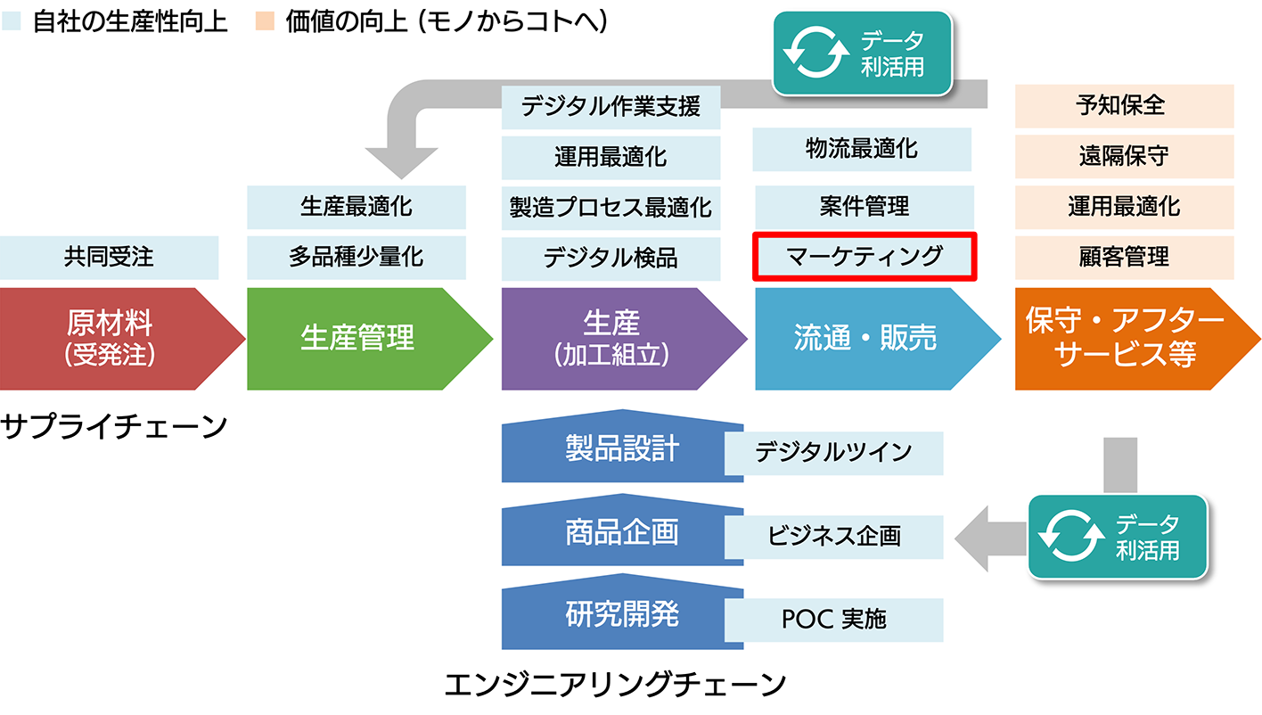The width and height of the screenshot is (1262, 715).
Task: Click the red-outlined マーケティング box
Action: pos(865,257)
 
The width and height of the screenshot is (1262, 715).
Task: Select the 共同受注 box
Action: pos(109,258)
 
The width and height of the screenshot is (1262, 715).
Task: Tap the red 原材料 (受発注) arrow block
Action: pos(122,339)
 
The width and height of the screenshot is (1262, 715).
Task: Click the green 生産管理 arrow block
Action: pos(370,339)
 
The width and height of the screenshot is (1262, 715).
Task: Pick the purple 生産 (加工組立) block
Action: pos(624,339)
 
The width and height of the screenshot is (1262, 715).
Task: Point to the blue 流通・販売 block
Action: pos(878,339)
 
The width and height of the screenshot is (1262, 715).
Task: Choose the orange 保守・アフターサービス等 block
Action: pos(1137,339)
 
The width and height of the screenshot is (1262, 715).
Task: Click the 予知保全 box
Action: pos(1125,106)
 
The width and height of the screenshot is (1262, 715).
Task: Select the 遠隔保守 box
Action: pos(1125,156)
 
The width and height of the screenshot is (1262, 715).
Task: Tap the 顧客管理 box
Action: pos(1125,258)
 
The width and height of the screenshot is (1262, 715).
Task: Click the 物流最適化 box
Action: pos(862,149)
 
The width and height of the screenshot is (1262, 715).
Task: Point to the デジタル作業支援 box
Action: pos(611,107)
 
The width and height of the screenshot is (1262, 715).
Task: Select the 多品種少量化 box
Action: pos(356,258)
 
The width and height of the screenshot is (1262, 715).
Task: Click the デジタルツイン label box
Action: pos(834,453)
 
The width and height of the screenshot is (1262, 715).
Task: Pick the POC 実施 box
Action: pos(834,620)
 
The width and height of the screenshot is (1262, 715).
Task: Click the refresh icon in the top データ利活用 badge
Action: pos(816,53)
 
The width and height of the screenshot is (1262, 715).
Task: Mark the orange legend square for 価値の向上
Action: pos(265,21)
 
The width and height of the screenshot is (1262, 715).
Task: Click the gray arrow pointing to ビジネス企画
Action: pos(991,538)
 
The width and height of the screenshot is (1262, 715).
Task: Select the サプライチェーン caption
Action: pos(114,426)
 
